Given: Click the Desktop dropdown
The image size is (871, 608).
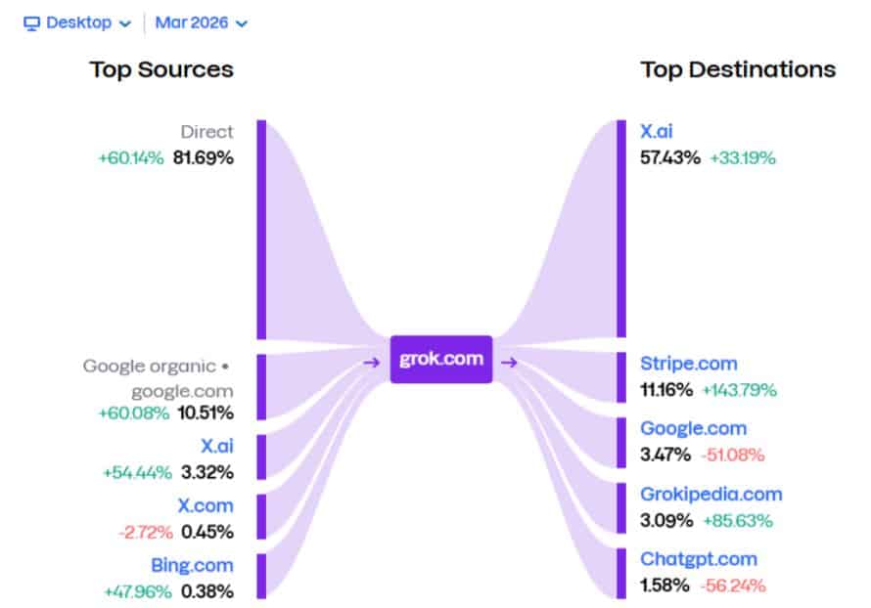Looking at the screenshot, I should tap(77, 22).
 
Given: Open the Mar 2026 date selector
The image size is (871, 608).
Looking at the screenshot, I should tap(201, 22).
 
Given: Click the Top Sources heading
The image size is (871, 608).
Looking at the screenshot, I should tap(161, 69).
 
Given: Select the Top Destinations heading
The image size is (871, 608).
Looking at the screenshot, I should tap(738, 69).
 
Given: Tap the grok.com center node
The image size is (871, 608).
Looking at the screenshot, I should tap(440, 359).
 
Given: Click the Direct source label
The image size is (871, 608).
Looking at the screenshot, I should tap(206, 131).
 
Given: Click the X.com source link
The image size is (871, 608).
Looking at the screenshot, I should tap(205, 505).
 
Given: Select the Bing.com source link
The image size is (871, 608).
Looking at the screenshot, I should tap(192, 565).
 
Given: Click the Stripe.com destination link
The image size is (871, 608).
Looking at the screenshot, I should tap(688, 364).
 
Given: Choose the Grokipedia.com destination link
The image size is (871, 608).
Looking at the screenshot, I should tap(711, 494).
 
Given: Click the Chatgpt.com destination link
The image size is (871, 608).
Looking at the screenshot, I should tap(699, 559).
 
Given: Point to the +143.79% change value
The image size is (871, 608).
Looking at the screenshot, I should tap(739, 390).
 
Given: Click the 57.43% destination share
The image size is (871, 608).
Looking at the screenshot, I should tap(670, 156).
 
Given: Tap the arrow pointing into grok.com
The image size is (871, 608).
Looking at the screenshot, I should tap(371, 363).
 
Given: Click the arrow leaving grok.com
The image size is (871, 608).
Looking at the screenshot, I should tap(510, 363).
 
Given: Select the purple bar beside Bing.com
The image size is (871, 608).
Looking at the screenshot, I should tap(261, 575).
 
